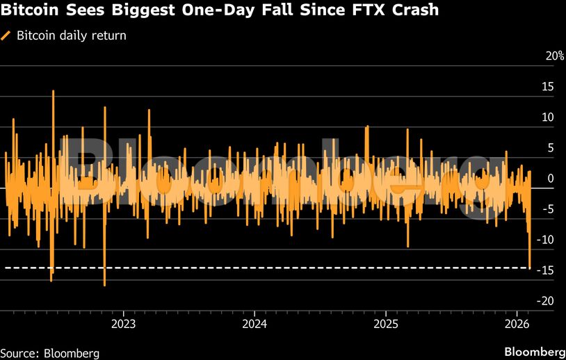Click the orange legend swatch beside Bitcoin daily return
pyautogui.click(x=6, y=35)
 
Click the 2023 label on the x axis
pyautogui.click(x=123, y=323)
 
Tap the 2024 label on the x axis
pyautogui.click(x=254, y=323)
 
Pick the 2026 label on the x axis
pyautogui.click(x=517, y=323)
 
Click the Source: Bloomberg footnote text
pyautogui.click(x=50, y=353)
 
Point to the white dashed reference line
pyautogui.click(x=278, y=268)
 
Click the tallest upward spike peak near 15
pyautogui.click(x=53, y=92)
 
